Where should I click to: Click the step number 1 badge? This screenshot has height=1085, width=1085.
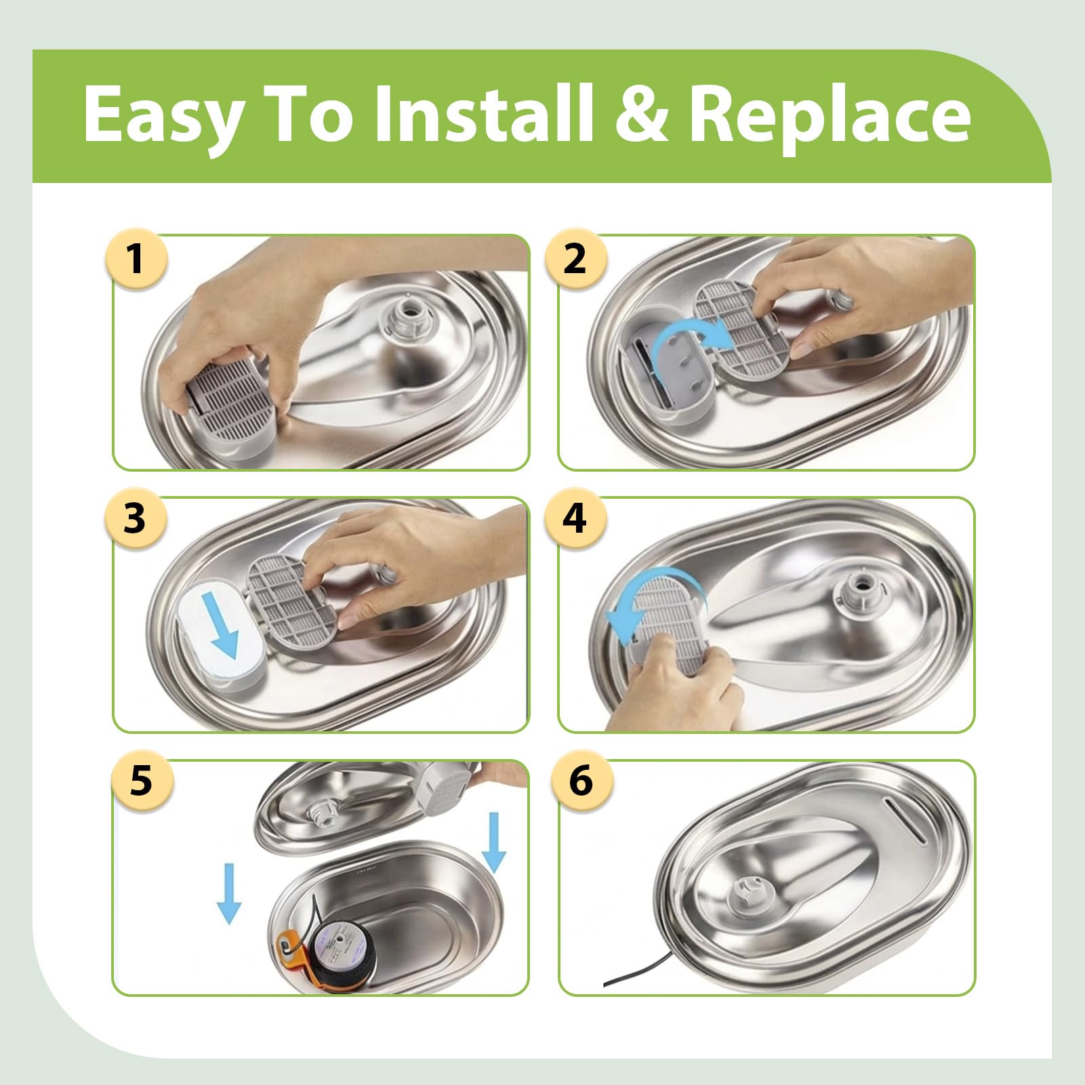[x=136, y=258]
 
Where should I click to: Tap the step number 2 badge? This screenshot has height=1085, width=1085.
[x=575, y=258]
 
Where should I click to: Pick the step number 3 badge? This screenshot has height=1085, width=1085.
[x=136, y=518]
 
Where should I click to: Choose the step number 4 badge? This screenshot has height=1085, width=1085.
[x=575, y=518]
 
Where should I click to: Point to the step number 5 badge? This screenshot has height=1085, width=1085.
[x=141, y=781]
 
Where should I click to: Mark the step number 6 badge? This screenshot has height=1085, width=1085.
[x=581, y=781]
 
